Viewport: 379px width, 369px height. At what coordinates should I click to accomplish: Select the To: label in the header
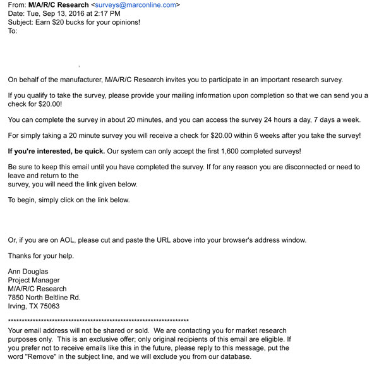click(x=13, y=30)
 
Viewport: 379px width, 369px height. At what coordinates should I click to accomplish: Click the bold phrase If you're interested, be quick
click(x=56, y=151)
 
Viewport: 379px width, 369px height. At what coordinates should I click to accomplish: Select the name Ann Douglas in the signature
click(x=29, y=272)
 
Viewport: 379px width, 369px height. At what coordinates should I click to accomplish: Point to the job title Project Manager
click(x=33, y=280)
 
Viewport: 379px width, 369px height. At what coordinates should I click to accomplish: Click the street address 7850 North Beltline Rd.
click(x=44, y=297)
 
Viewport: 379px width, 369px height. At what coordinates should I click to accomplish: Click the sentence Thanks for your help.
click(x=40, y=256)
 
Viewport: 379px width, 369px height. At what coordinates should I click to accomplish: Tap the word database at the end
click(x=234, y=356)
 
